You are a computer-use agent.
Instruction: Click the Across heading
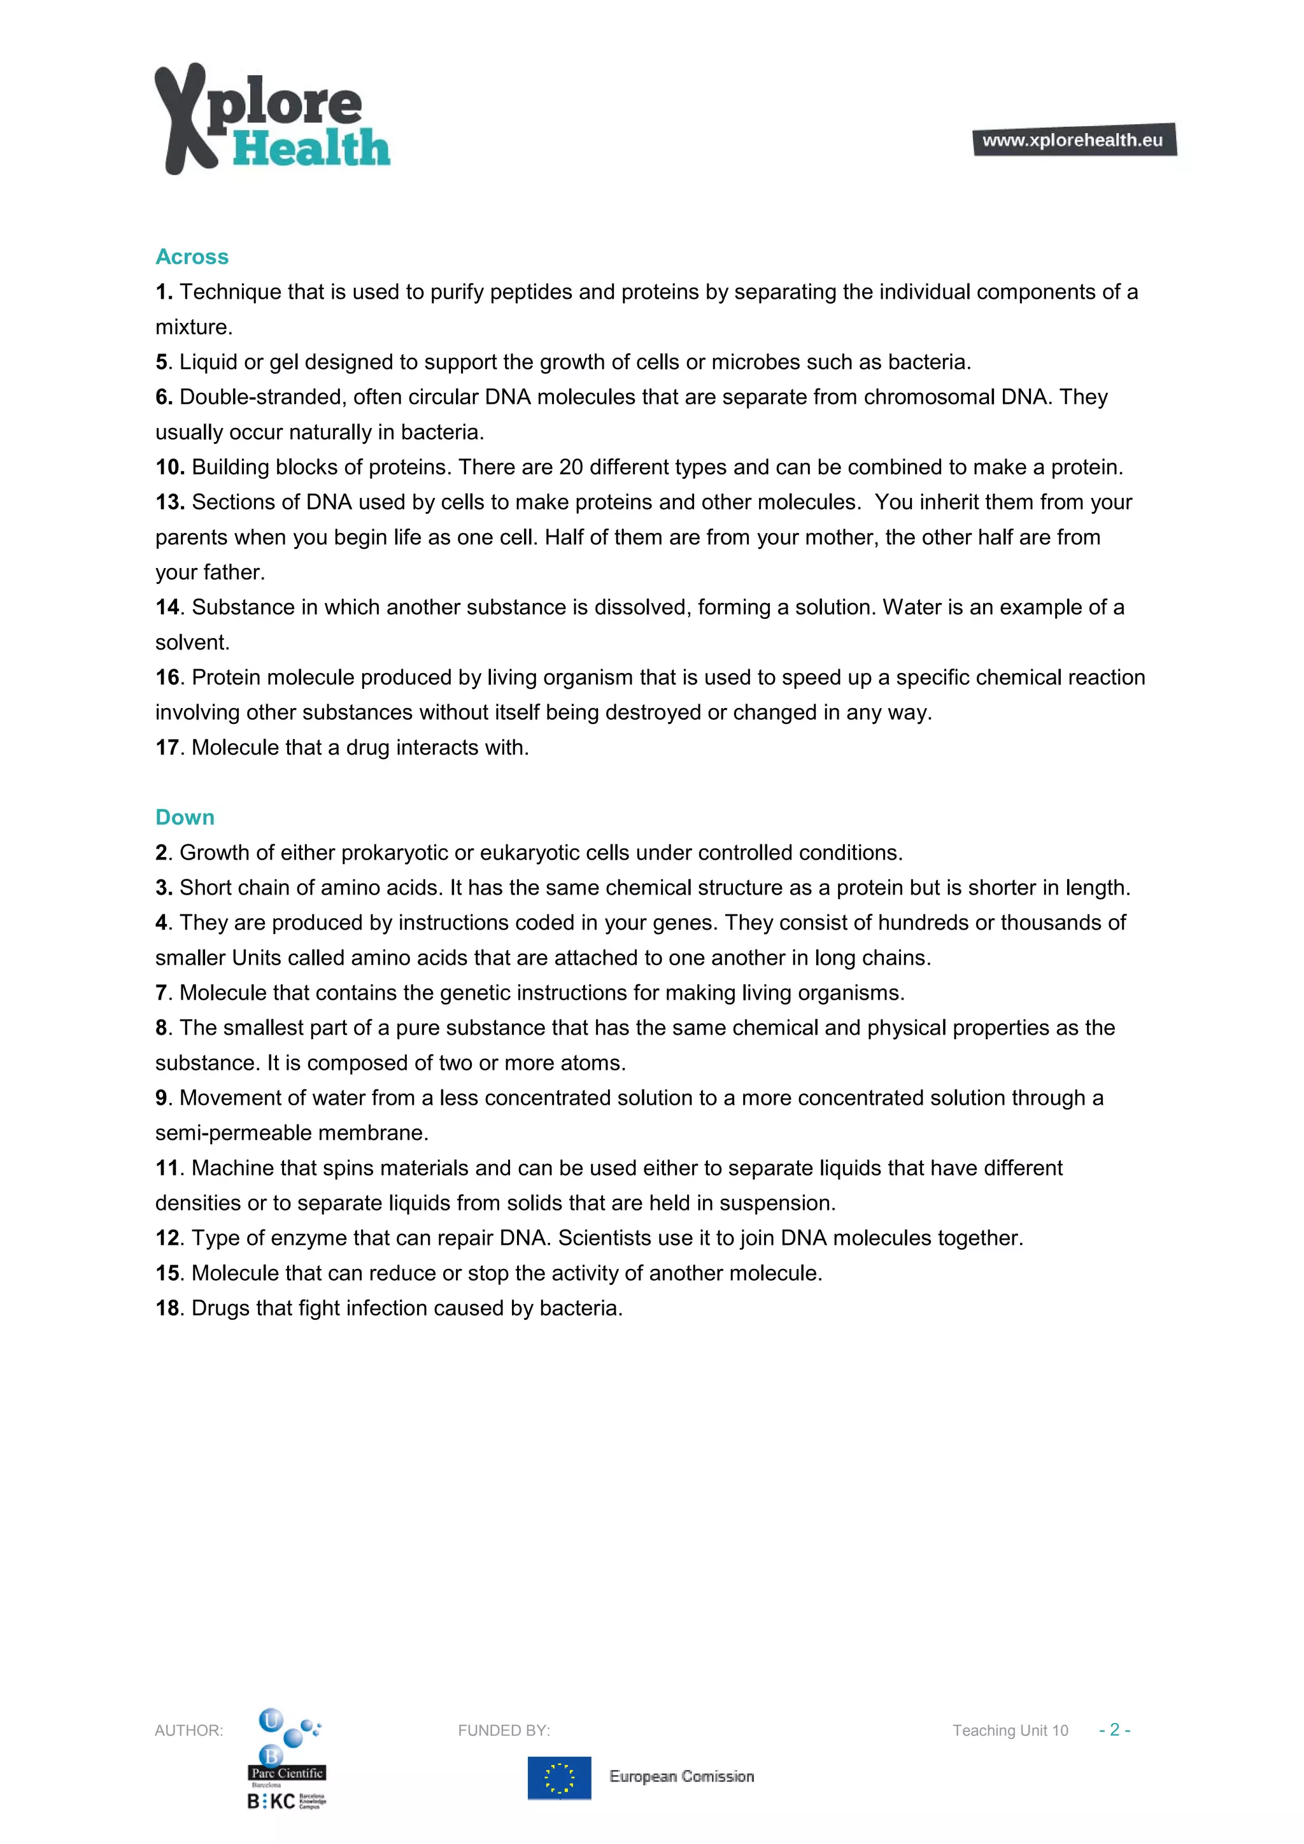(x=192, y=257)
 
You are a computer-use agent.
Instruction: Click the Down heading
(x=185, y=818)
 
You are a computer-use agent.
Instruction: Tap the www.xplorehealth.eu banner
(x=1073, y=139)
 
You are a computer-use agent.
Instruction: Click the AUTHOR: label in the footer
(x=188, y=1731)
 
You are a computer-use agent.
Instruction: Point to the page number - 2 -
(x=1114, y=1730)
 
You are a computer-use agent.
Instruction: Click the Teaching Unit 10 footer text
(x=1010, y=1731)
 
